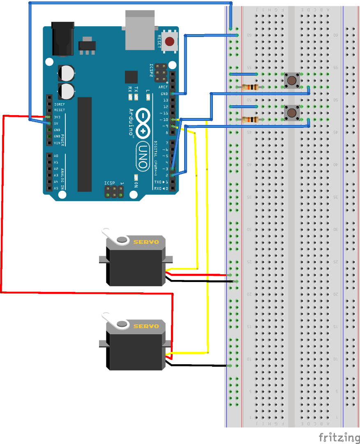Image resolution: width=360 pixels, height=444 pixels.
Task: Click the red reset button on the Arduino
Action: pyautogui.click(x=169, y=42)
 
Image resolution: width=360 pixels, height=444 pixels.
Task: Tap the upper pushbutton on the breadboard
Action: pyautogui.click(x=292, y=80)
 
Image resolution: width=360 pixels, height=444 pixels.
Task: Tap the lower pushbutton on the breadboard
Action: pyautogui.click(x=292, y=112)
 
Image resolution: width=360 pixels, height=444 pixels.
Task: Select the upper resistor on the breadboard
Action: pyautogui.click(x=250, y=87)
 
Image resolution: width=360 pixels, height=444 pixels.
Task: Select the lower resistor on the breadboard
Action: pyautogui.click(x=250, y=120)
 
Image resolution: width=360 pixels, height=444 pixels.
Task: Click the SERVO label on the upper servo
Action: pyautogui.click(x=146, y=242)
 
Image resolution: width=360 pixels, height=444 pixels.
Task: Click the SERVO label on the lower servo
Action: pyautogui.click(x=146, y=326)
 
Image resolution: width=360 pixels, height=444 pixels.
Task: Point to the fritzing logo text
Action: pyautogui.click(x=339, y=437)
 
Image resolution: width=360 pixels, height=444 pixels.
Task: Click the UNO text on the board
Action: pyautogui.click(x=143, y=156)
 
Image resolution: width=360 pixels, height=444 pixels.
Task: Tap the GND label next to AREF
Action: pyautogui.click(x=165, y=94)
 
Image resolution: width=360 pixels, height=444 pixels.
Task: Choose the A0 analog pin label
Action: pyautogui.click(x=56, y=156)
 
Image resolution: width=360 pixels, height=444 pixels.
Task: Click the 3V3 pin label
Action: pyautogui.click(x=57, y=117)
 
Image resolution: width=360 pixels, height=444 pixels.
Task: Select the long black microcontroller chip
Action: pyautogui.click(x=85, y=144)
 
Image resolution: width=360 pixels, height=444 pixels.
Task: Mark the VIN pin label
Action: pyautogui.click(x=57, y=143)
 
